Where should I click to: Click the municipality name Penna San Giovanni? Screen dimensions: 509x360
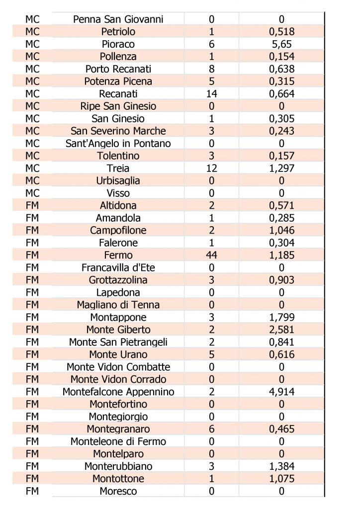[x=118, y=19]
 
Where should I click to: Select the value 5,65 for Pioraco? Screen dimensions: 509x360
[x=281, y=44]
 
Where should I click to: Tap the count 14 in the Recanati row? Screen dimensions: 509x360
[x=211, y=94]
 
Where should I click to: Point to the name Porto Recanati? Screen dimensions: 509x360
[x=118, y=69]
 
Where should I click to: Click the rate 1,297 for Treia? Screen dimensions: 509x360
[x=281, y=169]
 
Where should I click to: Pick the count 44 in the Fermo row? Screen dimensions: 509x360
[x=211, y=255]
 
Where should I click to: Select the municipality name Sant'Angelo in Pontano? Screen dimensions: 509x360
[x=118, y=144]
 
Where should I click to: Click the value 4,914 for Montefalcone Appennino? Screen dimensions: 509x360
[x=281, y=392]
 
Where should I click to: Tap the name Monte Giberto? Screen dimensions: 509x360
[x=118, y=330]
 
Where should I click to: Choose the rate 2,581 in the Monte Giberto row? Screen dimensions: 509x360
[x=281, y=330]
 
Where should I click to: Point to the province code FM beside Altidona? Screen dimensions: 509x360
[x=32, y=205]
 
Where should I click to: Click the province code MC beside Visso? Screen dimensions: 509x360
[x=32, y=193]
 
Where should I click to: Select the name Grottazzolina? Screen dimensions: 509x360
[x=118, y=280]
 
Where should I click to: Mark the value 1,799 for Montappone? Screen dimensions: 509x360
[x=281, y=317]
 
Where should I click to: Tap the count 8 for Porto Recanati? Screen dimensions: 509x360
[x=211, y=69]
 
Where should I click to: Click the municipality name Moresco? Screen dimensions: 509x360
[x=118, y=491]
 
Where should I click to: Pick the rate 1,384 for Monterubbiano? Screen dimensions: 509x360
[x=281, y=466]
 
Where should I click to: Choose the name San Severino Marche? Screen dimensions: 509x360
[x=118, y=131]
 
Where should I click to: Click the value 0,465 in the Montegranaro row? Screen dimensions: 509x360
[x=281, y=429]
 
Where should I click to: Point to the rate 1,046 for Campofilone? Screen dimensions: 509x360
[x=281, y=230]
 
